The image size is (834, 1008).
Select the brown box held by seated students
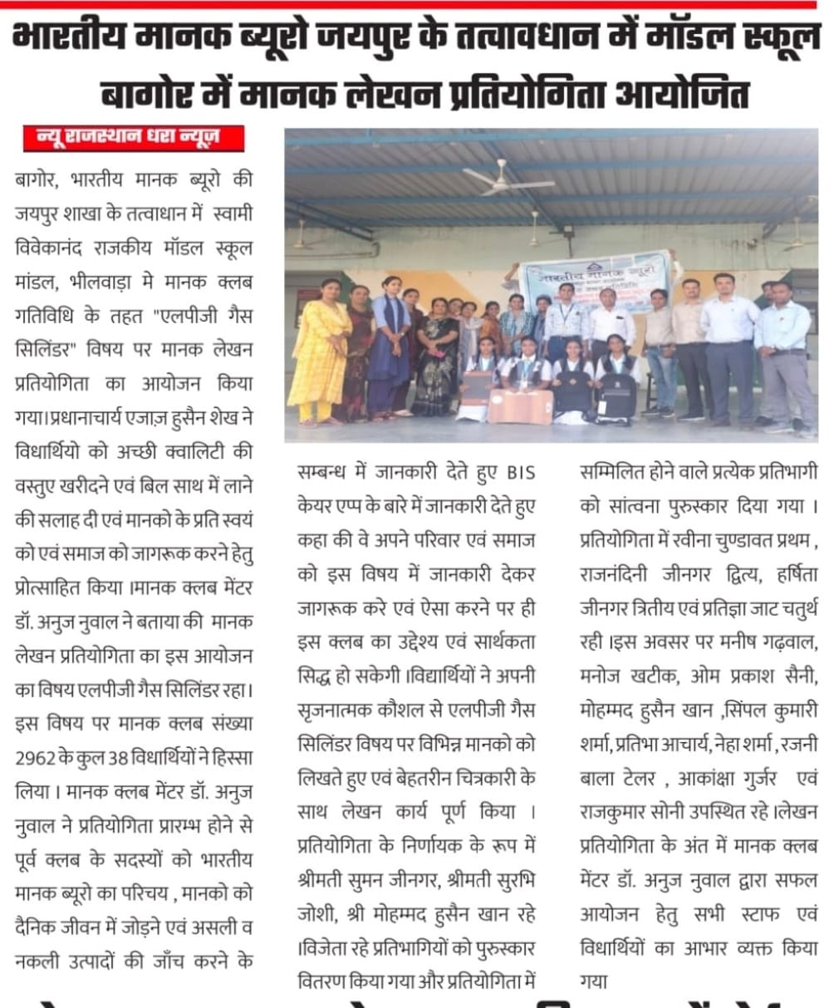pyautogui.click(x=519, y=404)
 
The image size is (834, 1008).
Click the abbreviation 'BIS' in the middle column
pyautogui.click(x=522, y=473)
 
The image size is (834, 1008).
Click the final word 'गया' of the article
pyautogui.click(x=596, y=981)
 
